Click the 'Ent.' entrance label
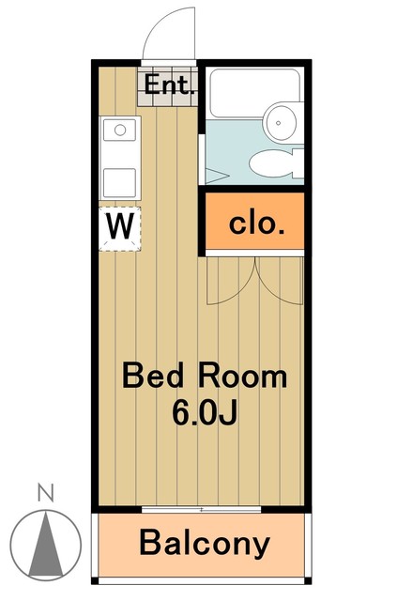(169, 87)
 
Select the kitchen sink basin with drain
(120, 131)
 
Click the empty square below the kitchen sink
(120, 180)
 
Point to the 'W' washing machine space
(120, 226)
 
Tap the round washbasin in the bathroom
(282, 120)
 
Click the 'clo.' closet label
(254, 223)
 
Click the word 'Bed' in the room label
(156, 378)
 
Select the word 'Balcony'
(205, 543)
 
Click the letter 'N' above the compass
(43, 491)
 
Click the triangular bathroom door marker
(215, 175)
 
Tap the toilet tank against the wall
(298, 163)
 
